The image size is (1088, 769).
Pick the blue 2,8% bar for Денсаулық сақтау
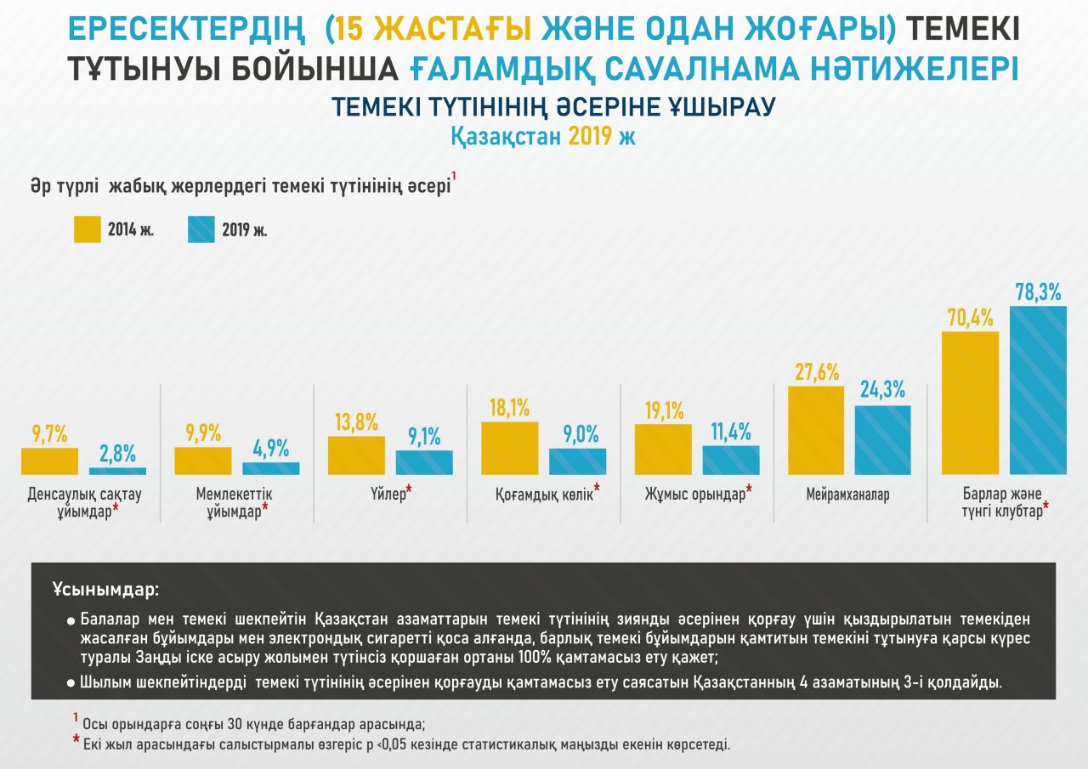[117, 470]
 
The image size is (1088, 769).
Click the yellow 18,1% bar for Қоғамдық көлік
[509, 448]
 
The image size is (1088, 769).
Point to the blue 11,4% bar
[731, 460]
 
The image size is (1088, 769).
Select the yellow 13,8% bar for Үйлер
[356, 455]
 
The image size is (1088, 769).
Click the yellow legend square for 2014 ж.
[88, 229]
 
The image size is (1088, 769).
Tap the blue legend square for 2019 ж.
[201, 229]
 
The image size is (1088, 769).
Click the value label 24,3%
[882, 390]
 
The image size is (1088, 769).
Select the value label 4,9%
[271, 448]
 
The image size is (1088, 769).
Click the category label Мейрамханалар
[847, 495]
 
